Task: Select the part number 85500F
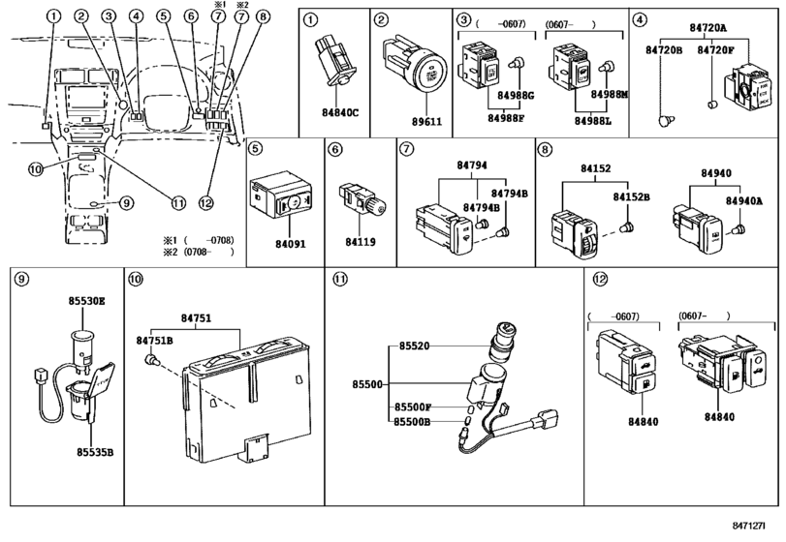412,406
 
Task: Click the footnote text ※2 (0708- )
199,252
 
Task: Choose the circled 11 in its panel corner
339,279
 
